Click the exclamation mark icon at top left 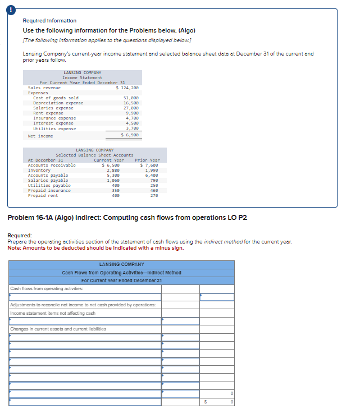[x=7, y=7]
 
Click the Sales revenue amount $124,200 [x=127, y=88]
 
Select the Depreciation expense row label [x=58, y=103]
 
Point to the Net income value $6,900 [x=130, y=135]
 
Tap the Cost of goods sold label [x=56, y=98]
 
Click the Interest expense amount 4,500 [x=131, y=123]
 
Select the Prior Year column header [x=147, y=160]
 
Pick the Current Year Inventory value [x=112, y=170]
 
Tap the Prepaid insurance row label [x=49, y=190]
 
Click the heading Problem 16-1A [x=126, y=217]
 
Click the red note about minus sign [x=95, y=248]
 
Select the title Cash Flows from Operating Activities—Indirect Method [x=121, y=273]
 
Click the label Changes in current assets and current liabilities [x=58, y=329]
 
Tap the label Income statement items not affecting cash [x=53, y=313]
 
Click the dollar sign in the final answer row [x=205, y=402]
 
